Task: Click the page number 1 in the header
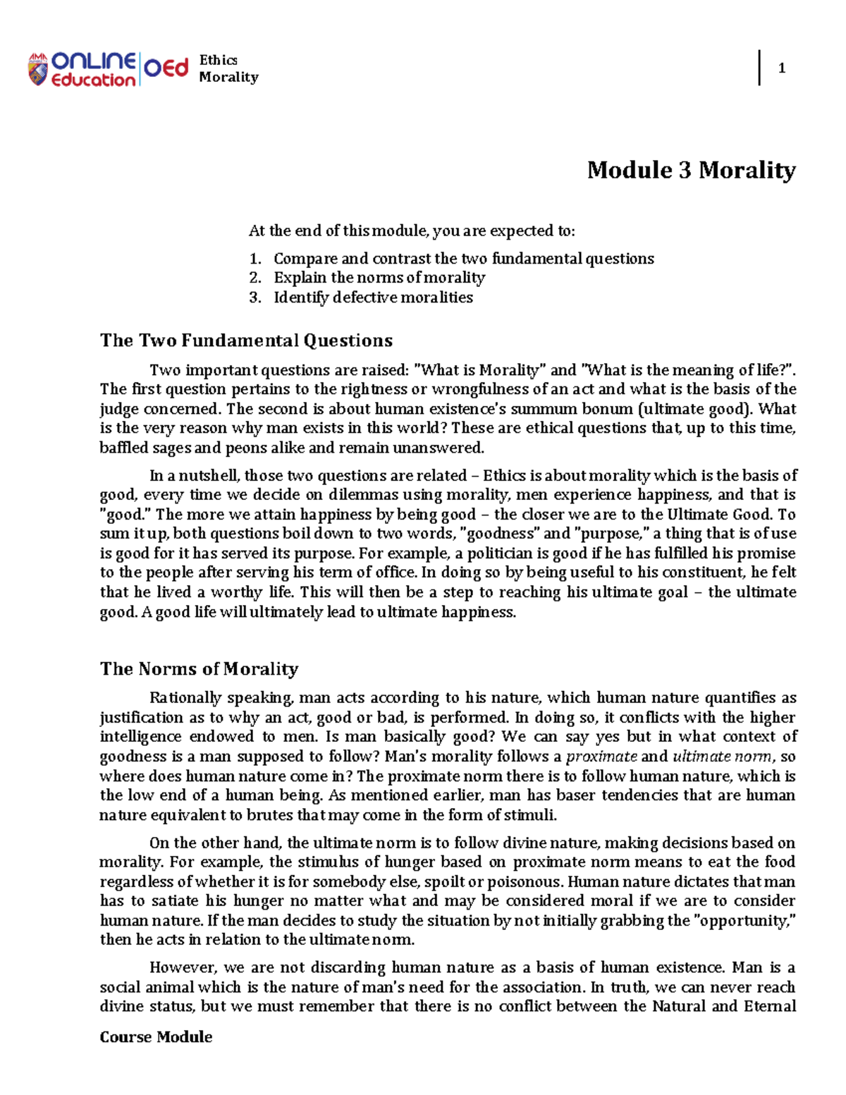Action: point(781,68)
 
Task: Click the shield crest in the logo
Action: point(37,70)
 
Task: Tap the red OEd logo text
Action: point(166,68)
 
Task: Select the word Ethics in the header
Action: point(218,61)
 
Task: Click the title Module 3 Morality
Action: point(691,170)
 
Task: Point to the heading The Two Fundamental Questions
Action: point(246,341)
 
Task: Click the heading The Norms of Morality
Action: point(199,668)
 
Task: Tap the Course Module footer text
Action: point(156,1036)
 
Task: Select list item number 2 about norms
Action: point(379,278)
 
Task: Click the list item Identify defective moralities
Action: point(373,298)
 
